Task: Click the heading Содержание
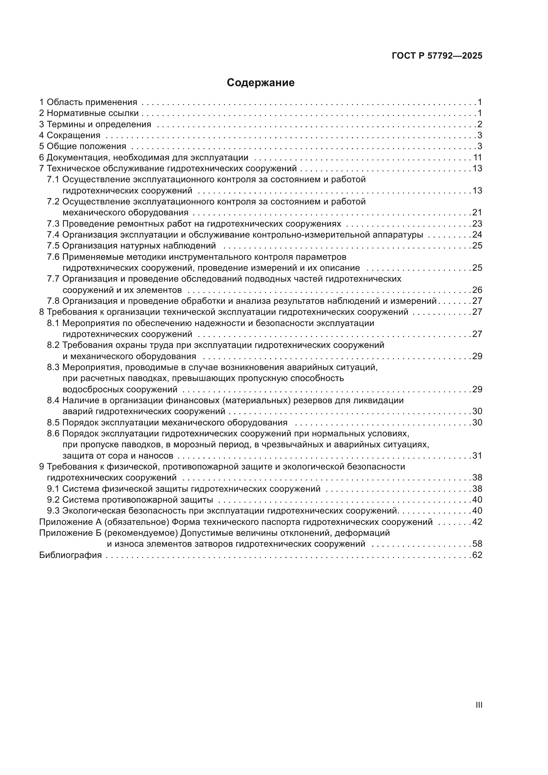tap(260, 83)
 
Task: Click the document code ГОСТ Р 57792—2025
tap(437, 56)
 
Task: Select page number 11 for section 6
tap(477, 158)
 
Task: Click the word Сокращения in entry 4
tap(73, 136)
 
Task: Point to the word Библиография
tap(71, 555)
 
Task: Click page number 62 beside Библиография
tap(477, 555)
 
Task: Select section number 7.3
tap(53, 224)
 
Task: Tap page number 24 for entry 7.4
tap(477, 235)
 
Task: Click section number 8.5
tap(53, 422)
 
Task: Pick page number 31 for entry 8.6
tap(477, 456)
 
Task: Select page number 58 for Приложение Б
tap(477, 544)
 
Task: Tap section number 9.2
tap(53, 500)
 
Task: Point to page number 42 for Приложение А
tap(477, 522)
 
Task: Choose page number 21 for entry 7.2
tap(477, 213)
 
